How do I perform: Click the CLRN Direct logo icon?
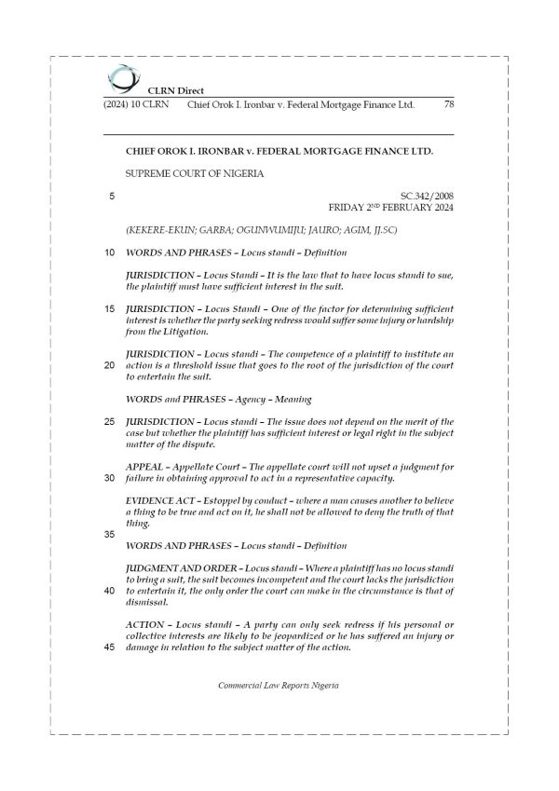pyautogui.click(x=120, y=76)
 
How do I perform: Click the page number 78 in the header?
pyautogui.click(x=449, y=104)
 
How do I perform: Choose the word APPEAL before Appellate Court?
pyautogui.click(x=146, y=466)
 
